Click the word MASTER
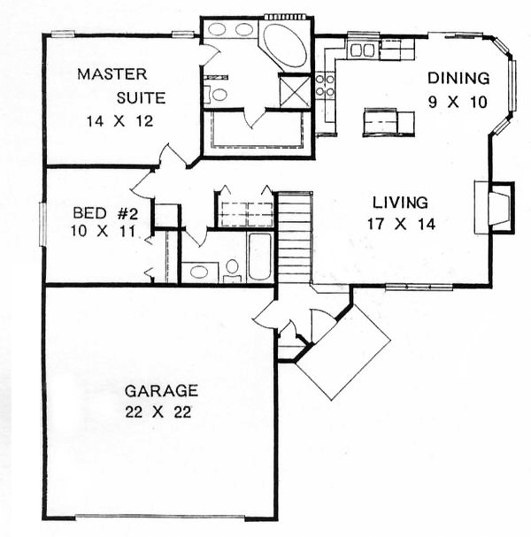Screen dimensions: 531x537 pos(112,74)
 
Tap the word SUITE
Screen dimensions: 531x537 pos(141,98)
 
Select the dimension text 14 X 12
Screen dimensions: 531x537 pos(119,121)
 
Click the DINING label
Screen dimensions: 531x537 pos(458,79)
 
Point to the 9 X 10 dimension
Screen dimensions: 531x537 pos(458,102)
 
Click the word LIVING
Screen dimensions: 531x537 pos(400,203)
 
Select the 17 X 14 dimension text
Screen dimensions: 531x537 pos(402,225)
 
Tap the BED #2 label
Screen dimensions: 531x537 pos(105,213)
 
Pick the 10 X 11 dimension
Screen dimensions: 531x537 pos(103,231)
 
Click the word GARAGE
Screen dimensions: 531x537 pos(161,391)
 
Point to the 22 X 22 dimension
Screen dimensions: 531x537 pos(158,412)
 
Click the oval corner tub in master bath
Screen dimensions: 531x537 pos(285,45)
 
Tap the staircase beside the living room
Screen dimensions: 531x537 pos(295,237)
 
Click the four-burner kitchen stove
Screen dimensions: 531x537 pos(325,85)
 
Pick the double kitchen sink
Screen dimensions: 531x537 pos(362,50)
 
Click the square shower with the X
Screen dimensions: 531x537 pos(295,91)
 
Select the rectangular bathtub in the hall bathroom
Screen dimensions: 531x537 pos(259,257)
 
